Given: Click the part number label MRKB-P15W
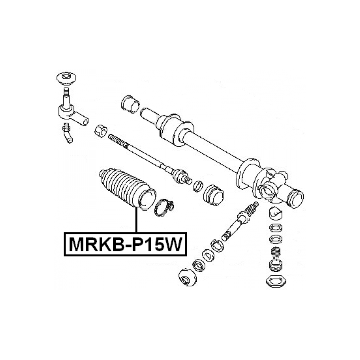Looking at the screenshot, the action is click(x=126, y=244).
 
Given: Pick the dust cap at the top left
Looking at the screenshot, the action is click(x=66, y=78).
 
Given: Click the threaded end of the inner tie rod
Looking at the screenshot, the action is click(x=118, y=140).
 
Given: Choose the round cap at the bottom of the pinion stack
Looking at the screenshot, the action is click(x=188, y=277).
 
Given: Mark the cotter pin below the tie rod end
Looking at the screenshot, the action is click(x=68, y=133).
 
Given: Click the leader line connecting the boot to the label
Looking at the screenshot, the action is click(x=137, y=220).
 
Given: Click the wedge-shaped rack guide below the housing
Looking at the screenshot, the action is click(x=275, y=213).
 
